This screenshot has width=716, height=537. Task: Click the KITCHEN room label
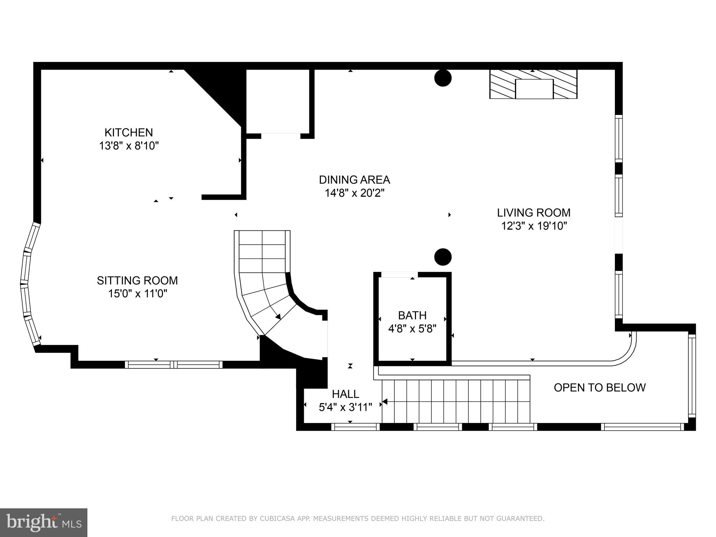tap(129, 133)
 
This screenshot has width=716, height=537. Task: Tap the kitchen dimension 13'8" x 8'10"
tap(129, 146)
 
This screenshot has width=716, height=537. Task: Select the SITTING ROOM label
tap(137, 280)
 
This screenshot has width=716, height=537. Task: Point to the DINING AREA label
tap(354, 180)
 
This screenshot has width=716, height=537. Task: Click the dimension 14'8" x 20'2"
tap(354, 193)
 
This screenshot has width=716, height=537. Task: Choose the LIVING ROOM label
tap(534, 213)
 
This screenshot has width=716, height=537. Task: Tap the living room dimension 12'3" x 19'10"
tap(534, 226)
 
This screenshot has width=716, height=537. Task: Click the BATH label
tap(412, 315)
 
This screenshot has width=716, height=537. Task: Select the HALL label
tap(345, 394)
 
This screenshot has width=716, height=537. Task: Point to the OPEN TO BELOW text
tap(599, 387)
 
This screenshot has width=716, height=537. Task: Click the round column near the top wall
tap(443, 78)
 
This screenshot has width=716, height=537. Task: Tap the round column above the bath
tap(443, 257)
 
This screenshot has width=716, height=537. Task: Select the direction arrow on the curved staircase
tap(278, 317)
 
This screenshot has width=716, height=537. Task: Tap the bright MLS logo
tap(43, 522)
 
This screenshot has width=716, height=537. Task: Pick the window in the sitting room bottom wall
tap(173, 365)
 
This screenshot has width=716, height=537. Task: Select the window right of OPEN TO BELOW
tap(692, 376)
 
